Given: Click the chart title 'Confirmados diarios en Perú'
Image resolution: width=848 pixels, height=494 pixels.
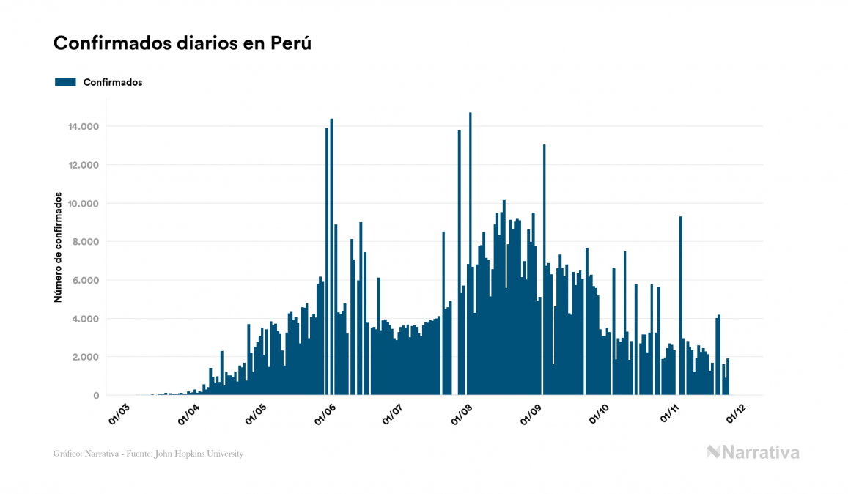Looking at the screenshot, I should pos(182,43).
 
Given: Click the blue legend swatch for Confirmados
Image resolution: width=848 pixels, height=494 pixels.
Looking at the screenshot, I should pos(66,82).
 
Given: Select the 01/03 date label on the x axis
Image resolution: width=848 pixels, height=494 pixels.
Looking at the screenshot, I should pos(119,413).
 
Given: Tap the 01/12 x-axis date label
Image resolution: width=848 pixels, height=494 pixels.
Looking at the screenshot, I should pos(737,413).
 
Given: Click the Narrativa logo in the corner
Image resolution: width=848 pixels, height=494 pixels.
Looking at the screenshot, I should pos(753,452).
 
